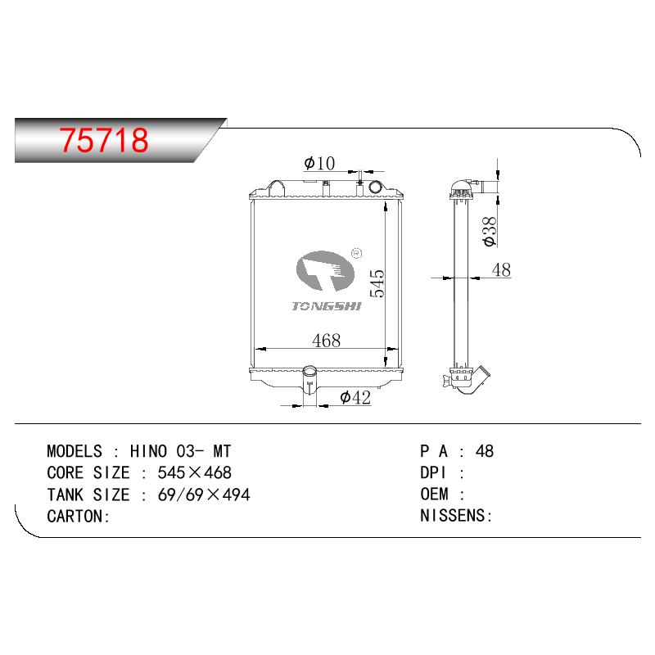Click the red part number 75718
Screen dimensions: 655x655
click(104, 140)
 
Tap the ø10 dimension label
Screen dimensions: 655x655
click(319, 163)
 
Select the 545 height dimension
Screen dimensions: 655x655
click(377, 283)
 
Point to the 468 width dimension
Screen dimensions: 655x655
click(326, 341)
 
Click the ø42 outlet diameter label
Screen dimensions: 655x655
click(355, 397)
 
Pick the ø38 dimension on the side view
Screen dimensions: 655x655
click(489, 232)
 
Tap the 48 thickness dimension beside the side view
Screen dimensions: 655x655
click(501, 270)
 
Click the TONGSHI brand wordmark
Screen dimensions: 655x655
click(326, 306)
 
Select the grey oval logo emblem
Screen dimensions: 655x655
click(325, 271)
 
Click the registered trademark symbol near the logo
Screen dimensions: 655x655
click(357, 253)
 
